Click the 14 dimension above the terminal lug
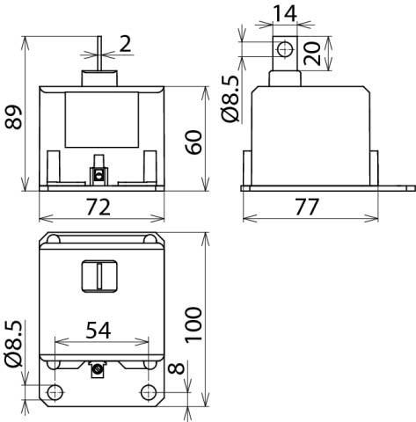point(283,13)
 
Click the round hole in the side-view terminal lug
point(283,49)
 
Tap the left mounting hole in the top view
point(55,392)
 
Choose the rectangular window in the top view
point(99,276)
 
